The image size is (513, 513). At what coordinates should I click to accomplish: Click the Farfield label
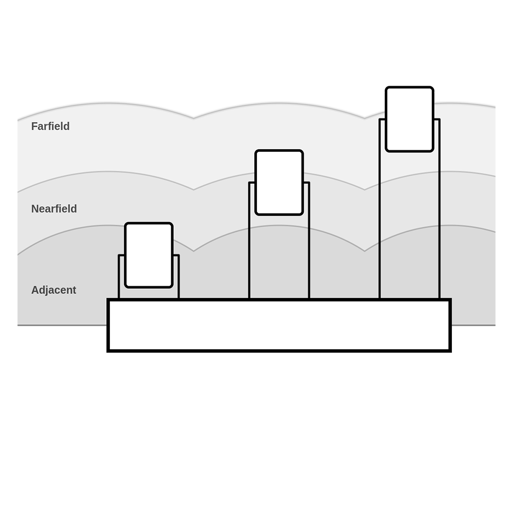pyautogui.click(x=50, y=126)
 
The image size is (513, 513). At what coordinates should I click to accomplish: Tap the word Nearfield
pyautogui.click(x=54, y=209)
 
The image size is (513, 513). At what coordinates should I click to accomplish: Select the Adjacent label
pyautogui.click(x=54, y=290)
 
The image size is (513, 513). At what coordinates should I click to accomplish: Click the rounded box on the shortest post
pyautogui.click(x=149, y=255)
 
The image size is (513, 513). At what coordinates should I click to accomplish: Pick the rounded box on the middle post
pyautogui.click(x=279, y=183)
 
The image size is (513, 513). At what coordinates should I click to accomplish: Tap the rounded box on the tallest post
pyautogui.click(x=409, y=119)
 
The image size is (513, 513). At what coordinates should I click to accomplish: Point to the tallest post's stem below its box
pyautogui.click(x=409, y=225)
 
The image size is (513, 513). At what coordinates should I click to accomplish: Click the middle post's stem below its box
pyautogui.click(x=279, y=257)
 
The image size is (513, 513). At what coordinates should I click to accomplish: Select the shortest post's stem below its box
pyautogui.click(x=149, y=293)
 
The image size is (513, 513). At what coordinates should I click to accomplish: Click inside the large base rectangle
pyautogui.click(x=279, y=325)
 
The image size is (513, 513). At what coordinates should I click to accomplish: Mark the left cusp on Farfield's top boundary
pyautogui.click(x=193, y=118)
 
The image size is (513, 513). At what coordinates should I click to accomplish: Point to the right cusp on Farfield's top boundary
pyautogui.click(x=365, y=118)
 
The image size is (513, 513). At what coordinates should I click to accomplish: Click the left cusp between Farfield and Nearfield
pyautogui.click(x=193, y=189)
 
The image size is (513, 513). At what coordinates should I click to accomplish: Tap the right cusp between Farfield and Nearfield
pyautogui.click(x=365, y=189)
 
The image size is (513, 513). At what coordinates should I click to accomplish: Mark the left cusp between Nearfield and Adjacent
pyautogui.click(x=193, y=251)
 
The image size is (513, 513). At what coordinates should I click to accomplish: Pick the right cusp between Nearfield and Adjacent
pyautogui.click(x=365, y=251)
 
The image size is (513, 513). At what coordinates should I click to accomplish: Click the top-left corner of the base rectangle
pyautogui.click(x=108, y=299)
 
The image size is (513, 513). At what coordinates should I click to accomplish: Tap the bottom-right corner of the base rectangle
pyautogui.click(x=451, y=351)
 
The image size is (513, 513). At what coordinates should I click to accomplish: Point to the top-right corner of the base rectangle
pyautogui.click(x=451, y=299)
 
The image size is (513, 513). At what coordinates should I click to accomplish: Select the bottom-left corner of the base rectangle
pyautogui.click(x=108, y=351)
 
